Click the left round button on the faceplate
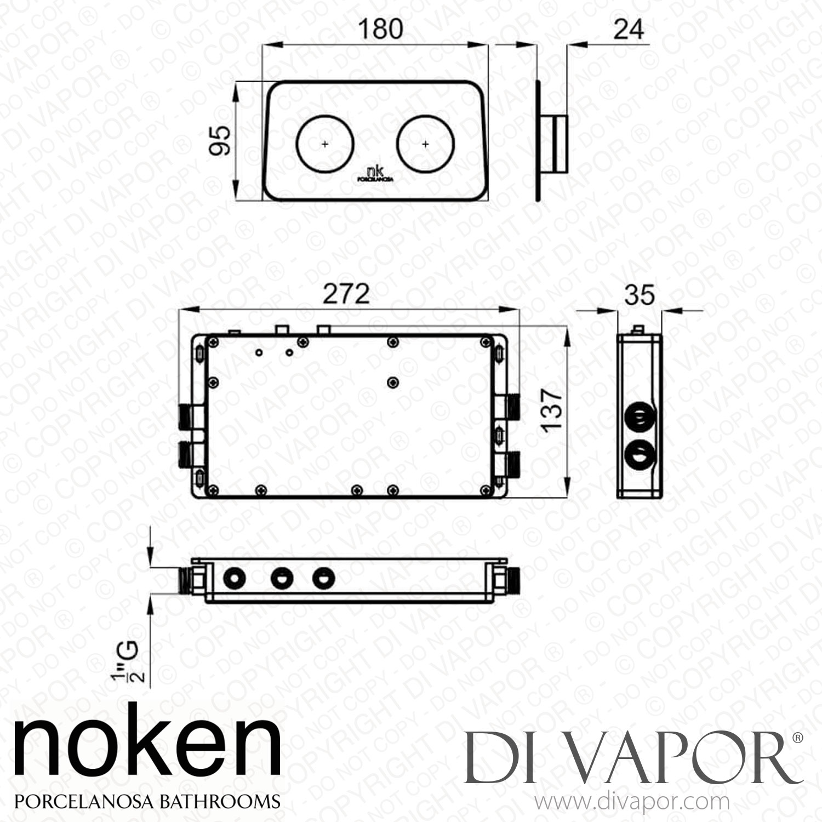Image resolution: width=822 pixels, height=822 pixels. tap(325, 144)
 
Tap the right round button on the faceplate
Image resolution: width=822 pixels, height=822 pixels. tap(425, 144)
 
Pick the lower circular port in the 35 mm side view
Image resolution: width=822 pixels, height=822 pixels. tap(639, 455)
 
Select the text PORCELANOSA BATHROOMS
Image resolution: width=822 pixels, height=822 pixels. tap(147, 801)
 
